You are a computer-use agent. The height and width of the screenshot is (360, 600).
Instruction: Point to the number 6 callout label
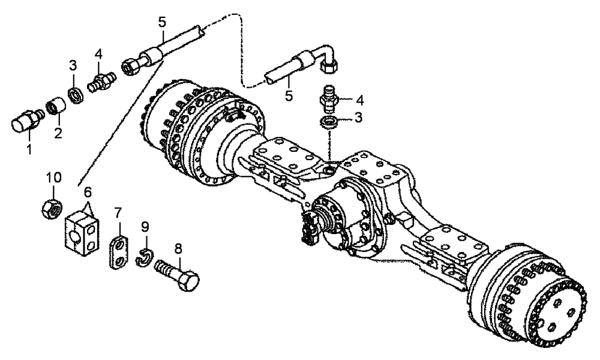(87, 192)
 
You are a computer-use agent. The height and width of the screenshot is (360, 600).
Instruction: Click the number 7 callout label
(118, 212)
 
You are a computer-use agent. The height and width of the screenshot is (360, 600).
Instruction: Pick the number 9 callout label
(144, 226)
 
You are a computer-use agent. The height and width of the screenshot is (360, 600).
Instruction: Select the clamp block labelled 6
(80, 229)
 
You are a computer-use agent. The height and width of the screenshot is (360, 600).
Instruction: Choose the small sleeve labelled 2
(55, 107)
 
